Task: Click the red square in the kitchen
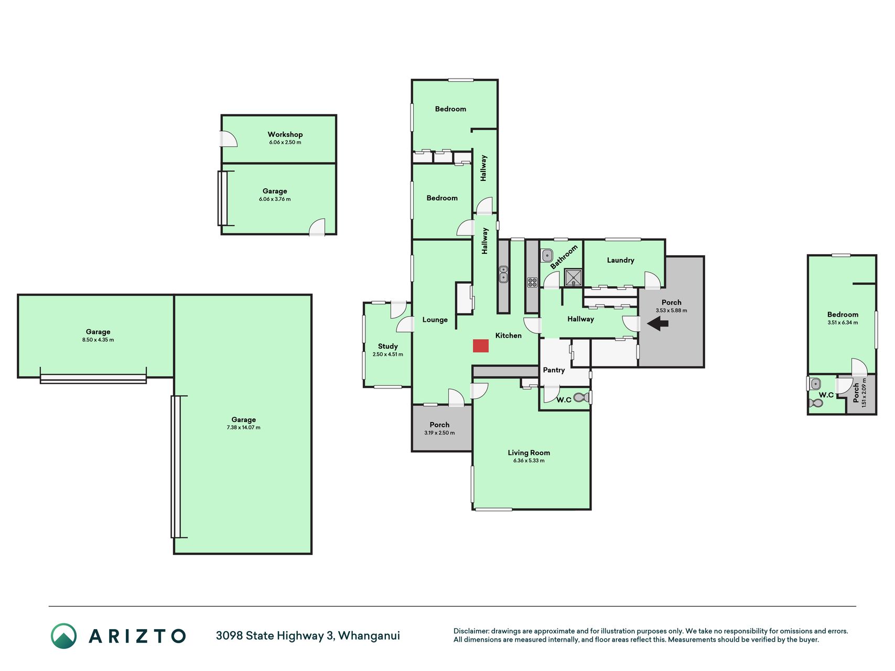click(x=481, y=345)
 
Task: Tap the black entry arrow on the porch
click(x=657, y=324)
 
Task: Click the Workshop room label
click(x=285, y=134)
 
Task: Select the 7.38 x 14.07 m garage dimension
click(x=243, y=428)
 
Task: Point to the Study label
click(x=388, y=346)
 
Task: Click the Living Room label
click(x=529, y=452)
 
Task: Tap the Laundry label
click(x=621, y=260)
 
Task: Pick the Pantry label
click(x=554, y=370)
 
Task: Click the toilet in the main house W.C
click(x=580, y=397)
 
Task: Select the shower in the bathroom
click(x=573, y=278)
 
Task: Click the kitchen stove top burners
click(x=532, y=283)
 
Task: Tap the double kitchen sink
click(x=503, y=274)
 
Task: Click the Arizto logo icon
click(x=63, y=636)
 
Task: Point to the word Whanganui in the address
click(x=369, y=636)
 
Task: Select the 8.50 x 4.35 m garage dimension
click(x=98, y=340)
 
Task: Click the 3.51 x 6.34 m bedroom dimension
click(x=843, y=323)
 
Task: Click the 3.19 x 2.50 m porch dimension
click(x=440, y=433)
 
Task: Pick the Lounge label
click(x=435, y=320)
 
